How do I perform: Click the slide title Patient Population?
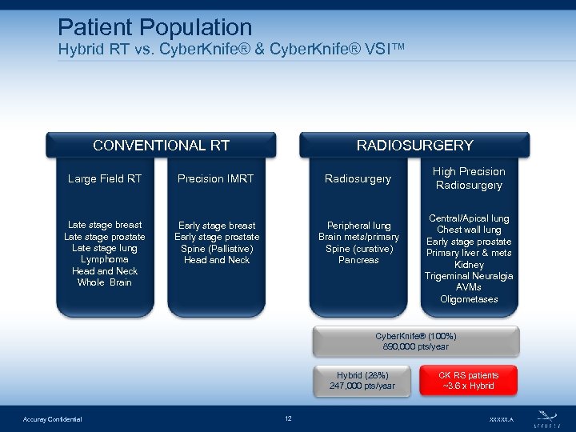[155, 28]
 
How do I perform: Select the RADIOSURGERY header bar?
[414, 145]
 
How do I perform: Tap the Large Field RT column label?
[105, 178]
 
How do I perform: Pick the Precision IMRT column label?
[216, 178]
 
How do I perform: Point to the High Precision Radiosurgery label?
[469, 178]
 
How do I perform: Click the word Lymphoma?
[105, 259]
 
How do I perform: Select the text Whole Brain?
[105, 282]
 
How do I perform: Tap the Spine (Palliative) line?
[217, 248]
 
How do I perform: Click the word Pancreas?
[358, 260]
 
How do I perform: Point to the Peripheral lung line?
[358, 226]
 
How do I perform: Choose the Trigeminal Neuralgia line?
[469, 276]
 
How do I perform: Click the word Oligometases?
[469, 299]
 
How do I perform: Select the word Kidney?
[469, 265]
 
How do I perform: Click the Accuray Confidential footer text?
[52, 419]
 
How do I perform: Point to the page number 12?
[288, 418]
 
